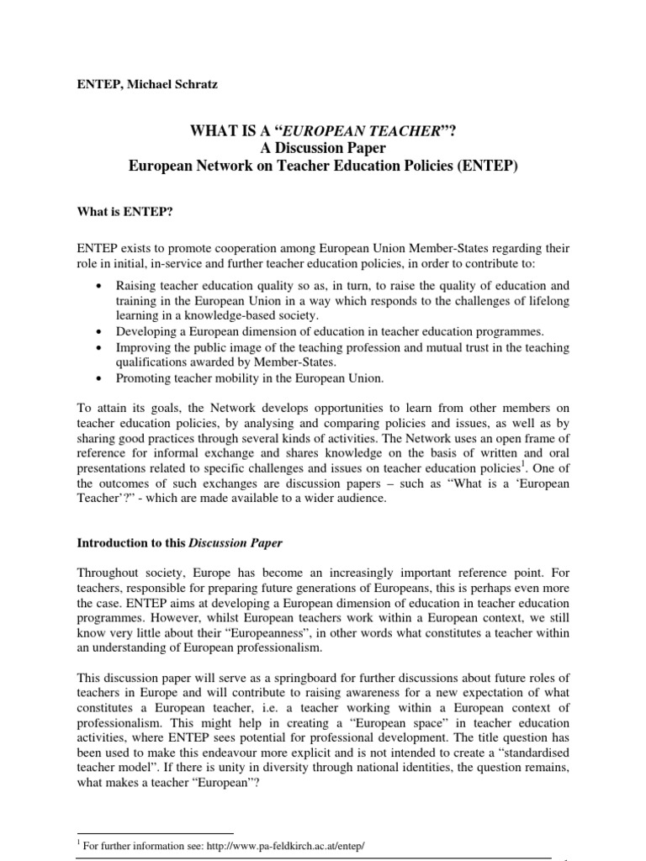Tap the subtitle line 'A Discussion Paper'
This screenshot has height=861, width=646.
[x=323, y=149]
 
